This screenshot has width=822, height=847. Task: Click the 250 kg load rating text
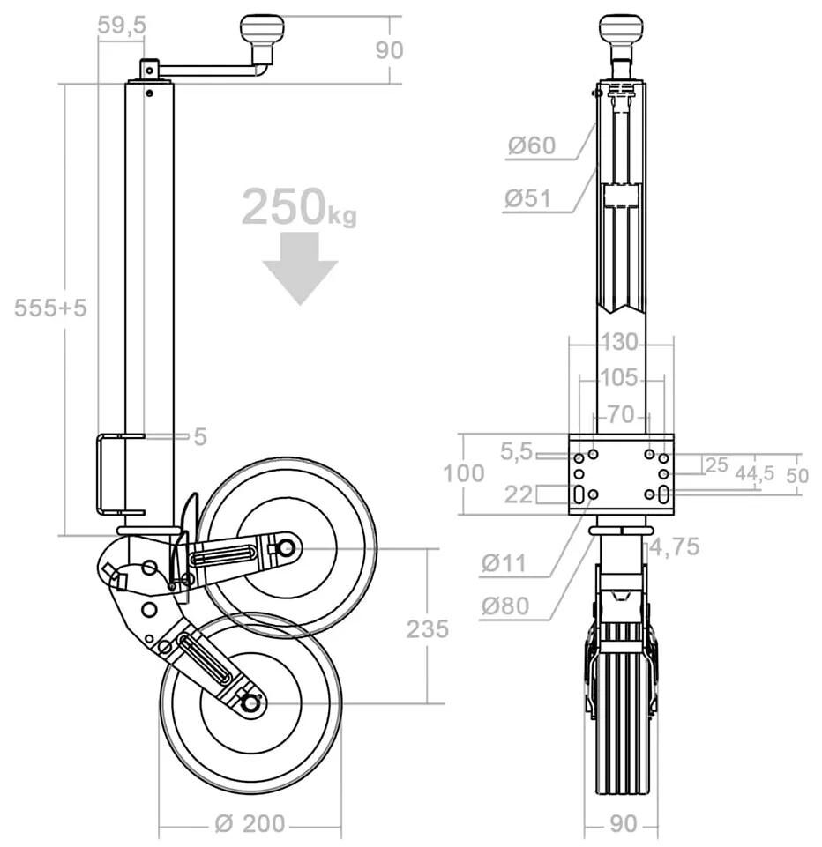click(x=299, y=207)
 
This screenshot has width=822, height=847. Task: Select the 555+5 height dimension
click(x=50, y=308)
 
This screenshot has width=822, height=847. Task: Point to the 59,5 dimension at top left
click(x=122, y=27)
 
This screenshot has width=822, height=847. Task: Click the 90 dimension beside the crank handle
click(x=389, y=50)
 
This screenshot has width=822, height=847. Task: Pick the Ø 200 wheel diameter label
click(x=250, y=824)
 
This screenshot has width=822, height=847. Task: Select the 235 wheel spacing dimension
click(x=428, y=628)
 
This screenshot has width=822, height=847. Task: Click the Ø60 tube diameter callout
click(x=531, y=145)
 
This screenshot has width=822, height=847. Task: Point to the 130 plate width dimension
click(x=619, y=342)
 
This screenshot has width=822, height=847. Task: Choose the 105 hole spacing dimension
click(x=619, y=378)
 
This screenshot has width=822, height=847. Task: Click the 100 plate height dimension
click(x=464, y=473)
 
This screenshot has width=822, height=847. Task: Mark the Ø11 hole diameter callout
click(x=504, y=562)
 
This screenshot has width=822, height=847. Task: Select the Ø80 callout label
click(x=505, y=606)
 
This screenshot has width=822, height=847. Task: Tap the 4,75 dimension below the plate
click(x=675, y=547)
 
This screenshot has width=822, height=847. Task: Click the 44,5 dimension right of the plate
click(x=755, y=473)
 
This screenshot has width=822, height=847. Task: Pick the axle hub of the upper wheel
click(x=286, y=547)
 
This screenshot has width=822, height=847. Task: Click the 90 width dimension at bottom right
click(x=623, y=824)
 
